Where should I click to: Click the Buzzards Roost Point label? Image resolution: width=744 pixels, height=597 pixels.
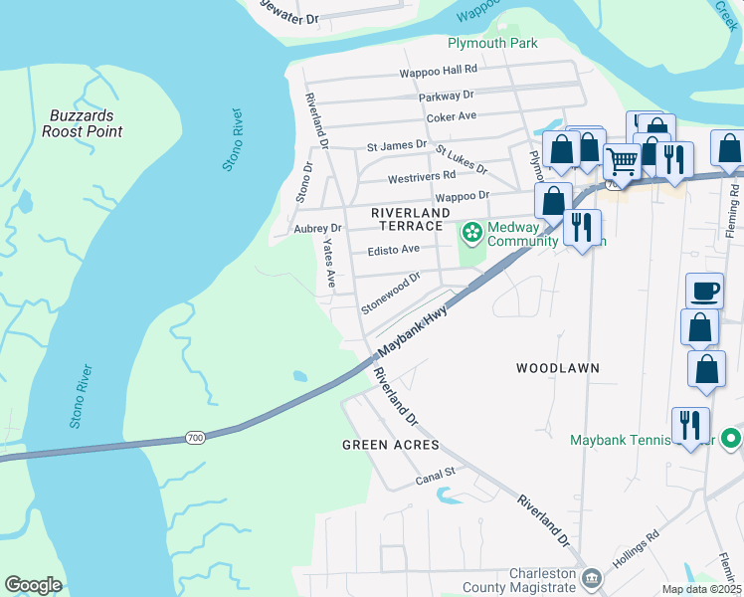(x=84, y=123)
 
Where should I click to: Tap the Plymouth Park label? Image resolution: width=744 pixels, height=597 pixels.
(x=492, y=43)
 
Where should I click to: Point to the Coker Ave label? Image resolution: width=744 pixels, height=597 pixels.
(x=452, y=116)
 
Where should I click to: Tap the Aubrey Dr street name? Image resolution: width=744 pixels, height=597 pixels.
(x=317, y=228)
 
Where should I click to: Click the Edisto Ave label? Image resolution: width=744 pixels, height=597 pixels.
(x=394, y=250)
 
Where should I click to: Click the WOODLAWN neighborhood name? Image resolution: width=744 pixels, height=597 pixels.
(x=557, y=368)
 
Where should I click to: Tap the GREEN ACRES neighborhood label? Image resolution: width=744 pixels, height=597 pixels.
(x=390, y=445)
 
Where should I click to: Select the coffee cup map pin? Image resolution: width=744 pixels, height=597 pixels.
(x=705, y=291)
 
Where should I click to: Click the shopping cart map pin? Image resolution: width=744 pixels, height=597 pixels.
(x=622, y=159)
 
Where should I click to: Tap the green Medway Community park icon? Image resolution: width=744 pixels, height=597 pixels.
(x=471, y=233)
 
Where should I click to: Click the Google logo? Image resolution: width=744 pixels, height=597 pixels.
(x=33, y=585)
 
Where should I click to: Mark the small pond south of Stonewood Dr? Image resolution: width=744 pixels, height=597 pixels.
(x=300, y=376)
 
